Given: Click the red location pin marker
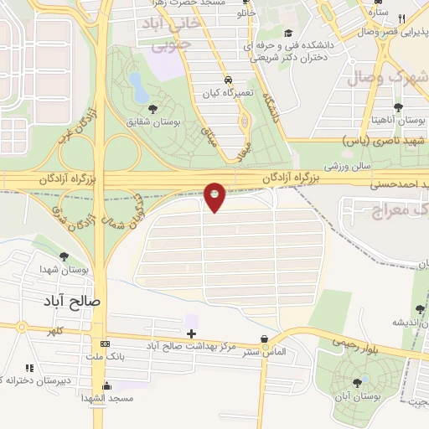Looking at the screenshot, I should click(215, 196).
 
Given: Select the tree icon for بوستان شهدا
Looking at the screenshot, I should click(64, 256).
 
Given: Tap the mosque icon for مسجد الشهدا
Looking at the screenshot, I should click(106, 386).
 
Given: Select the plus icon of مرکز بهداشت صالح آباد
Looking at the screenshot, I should click(192, 333).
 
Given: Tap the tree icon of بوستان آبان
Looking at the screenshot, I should click(358, 382).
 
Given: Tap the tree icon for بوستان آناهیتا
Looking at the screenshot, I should click(398, 107).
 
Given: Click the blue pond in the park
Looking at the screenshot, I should click(136, 82).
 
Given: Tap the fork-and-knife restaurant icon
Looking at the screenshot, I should click(402, 19).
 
